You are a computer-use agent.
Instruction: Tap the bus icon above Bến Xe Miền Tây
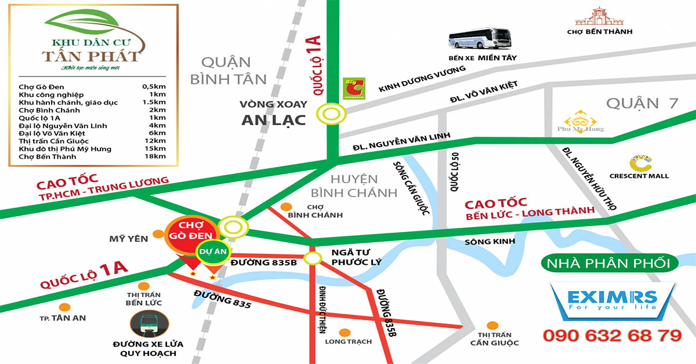[480, 38]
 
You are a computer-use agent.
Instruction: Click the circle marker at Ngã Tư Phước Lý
[313, 258]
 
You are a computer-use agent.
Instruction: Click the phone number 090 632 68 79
[612, 336]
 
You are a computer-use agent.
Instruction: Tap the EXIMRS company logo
[612, 301]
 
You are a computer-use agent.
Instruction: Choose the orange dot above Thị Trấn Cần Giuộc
[492, 325]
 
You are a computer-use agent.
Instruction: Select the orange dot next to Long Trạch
[345, 333]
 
